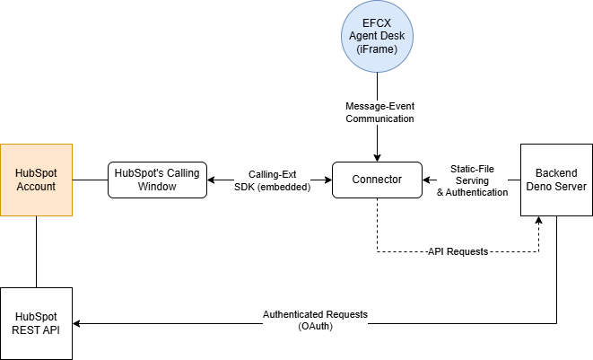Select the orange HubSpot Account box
click(x=36, y=180)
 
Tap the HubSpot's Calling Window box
click(x=158, y=180)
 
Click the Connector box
click(x=377, y=180)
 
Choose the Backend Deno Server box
click(x=556, y=180)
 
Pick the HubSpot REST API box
click(x=36, y=323)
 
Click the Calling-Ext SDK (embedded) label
click(x=272, y=180)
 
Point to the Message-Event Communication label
click(x=379, y=112)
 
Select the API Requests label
click(x=458, y=251)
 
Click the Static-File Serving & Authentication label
click(x=472, y=180)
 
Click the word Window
click(x=158, y=187)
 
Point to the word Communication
click(x=379, y=119)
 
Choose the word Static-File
click(x=472, y=168)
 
